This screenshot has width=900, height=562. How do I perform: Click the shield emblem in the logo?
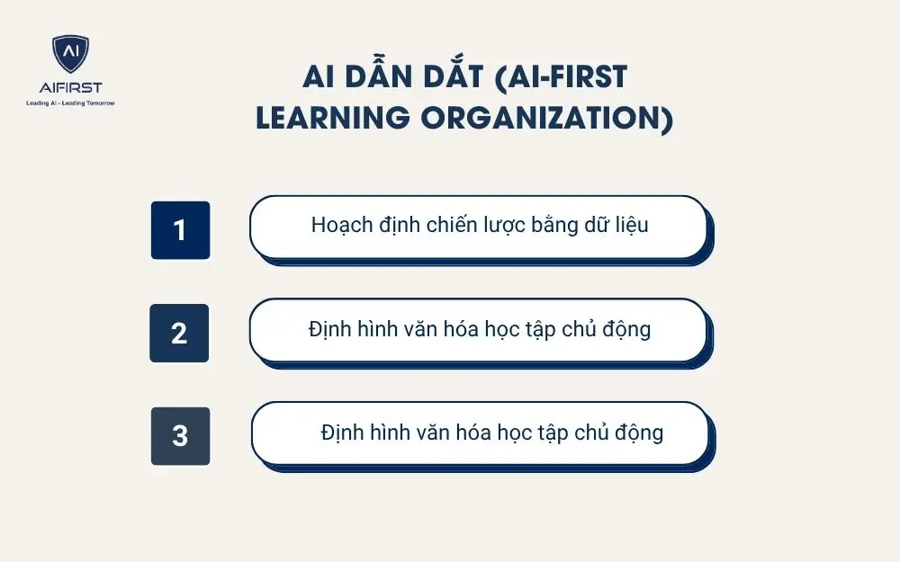pyautogui.click(x=70, y=54)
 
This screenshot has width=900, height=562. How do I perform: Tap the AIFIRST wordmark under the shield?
pyautogui.click(x=70, y=87)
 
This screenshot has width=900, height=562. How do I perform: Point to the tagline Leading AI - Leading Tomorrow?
pyautogui.click(x=70, y=103)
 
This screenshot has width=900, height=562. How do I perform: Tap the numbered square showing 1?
pyautogui.click(x=180, y=230)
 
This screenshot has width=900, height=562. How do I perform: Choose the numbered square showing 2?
pyautogui.click(x=179, y=333)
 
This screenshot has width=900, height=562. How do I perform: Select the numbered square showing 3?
pyautogui.click(x=180, y=436)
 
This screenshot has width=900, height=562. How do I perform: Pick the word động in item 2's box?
pyautogui.click(x=626, y=329)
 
